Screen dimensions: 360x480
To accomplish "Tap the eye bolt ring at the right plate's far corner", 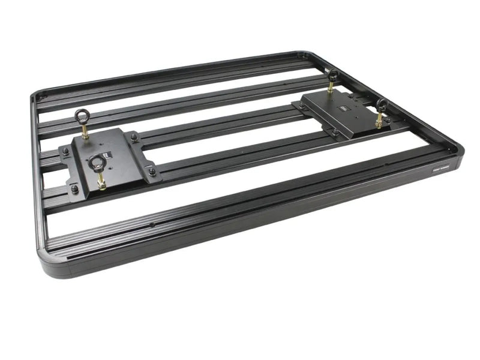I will [332, 74].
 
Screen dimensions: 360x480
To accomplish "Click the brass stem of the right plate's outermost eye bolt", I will [379, 120].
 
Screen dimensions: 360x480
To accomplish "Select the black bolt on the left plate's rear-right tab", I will [133, 137].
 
